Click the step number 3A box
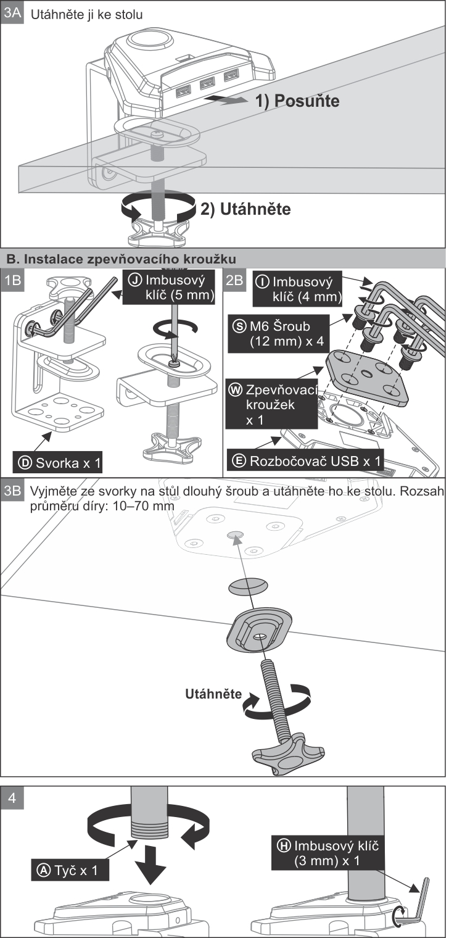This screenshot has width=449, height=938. pyautogui.click(x=12, y=12)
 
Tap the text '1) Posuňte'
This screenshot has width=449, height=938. pyautogui.click(x=297, y=101)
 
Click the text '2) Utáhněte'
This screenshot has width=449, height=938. pyautogui.click(x=245, y=209)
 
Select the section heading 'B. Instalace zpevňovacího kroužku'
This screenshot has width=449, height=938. pyautogui.click(x=122, y=259)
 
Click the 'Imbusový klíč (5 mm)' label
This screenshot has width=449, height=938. pyautogui.click(x=168, y=287)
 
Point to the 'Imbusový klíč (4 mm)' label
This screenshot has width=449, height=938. pyautogui.click(x=297, y=289)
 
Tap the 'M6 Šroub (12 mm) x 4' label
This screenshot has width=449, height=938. pyautogui.click(x=278, y=334)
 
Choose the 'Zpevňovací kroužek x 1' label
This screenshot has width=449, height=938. pyautogui.click(x=271, y=404)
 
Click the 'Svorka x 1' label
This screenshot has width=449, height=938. pyautogui.click(x=57, y=463)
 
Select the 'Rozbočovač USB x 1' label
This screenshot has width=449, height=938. pyautogui.click(x=305, y=461)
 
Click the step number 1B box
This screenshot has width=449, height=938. pyautogui.click(x=12, y=280)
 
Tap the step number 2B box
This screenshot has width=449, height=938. pyautogui.click(x=234, y=280)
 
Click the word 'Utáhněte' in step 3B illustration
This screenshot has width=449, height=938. pyautogui.click(x=213, y=694)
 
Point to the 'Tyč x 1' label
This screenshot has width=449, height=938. pyautogui.click(x=70, y=871)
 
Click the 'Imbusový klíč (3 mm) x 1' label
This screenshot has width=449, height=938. pyautogui.click(x=327, y=853)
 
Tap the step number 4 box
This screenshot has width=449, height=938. pyautogui.click(x=12, y=798)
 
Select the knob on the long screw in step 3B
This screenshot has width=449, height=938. pyautogui.click(x=288, y=754)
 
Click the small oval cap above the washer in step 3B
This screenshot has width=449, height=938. pyautogui.click(x=248, y=586)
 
